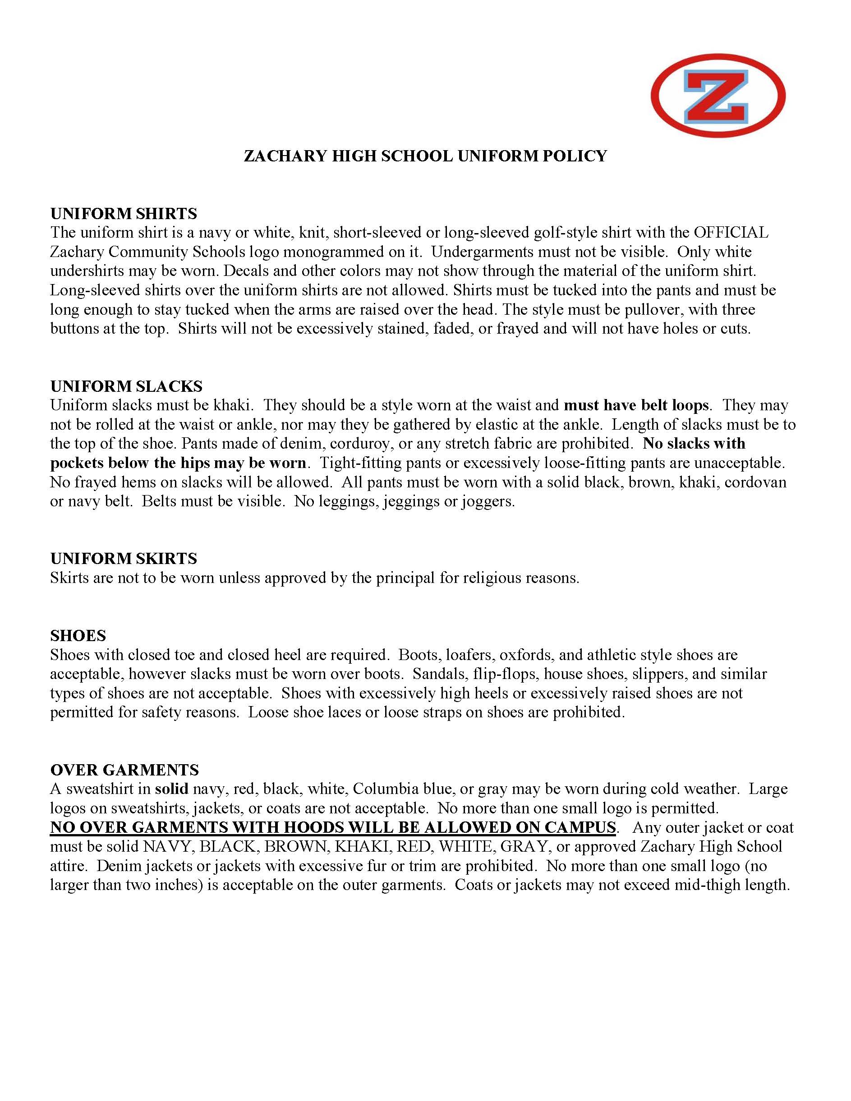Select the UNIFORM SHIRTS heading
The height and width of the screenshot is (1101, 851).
pos(124,214)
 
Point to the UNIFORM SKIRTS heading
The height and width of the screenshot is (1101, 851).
pos(124,559)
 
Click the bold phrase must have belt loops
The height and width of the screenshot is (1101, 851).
pos(636,405)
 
